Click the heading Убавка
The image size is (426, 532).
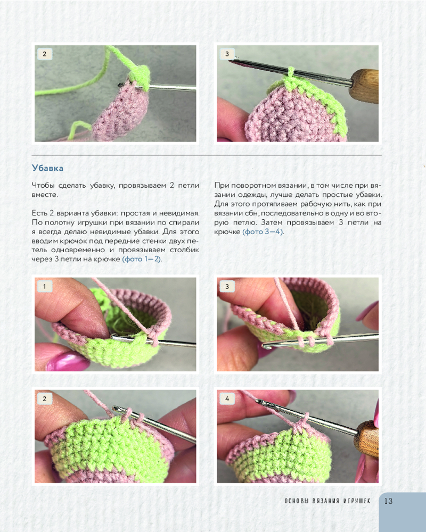click(47, 168)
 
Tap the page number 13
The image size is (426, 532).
click(388, 501)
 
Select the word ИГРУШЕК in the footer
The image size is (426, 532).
click(357, 501)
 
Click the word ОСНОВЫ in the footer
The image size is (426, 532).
click(296, 501)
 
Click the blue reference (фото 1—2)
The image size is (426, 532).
click(142, 259)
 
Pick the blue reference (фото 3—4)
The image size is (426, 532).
click(263, 232)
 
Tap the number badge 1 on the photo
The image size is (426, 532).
click(45, 286)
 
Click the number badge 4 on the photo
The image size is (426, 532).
click(227, 398)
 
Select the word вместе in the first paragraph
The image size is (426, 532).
click(44, 195)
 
